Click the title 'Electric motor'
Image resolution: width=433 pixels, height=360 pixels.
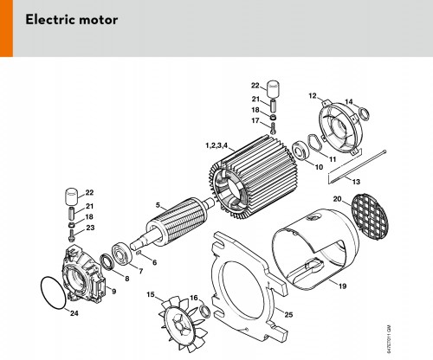coord(71,20)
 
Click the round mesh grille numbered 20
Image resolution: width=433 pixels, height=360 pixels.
coord(371,215)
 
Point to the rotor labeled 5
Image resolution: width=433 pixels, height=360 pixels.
coord(173,223)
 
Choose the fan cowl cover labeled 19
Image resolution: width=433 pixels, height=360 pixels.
coord(316,249)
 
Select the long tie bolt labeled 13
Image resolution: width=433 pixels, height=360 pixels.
coord(358,167)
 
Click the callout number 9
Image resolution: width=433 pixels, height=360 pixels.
coord(113,292)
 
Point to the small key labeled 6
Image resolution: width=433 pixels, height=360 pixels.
coord(138,253)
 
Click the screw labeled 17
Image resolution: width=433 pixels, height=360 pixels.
coord(273,128)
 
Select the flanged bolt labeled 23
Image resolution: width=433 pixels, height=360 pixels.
coord(71,235)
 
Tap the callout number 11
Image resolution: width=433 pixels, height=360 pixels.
coord(333,159)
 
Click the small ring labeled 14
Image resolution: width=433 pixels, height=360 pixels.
coord(364,113)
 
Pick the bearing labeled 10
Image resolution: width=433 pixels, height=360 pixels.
coord(301,151)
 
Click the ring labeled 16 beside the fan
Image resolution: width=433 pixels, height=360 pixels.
coord(205,311)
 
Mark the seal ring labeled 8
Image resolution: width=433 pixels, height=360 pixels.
coord(107,262)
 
